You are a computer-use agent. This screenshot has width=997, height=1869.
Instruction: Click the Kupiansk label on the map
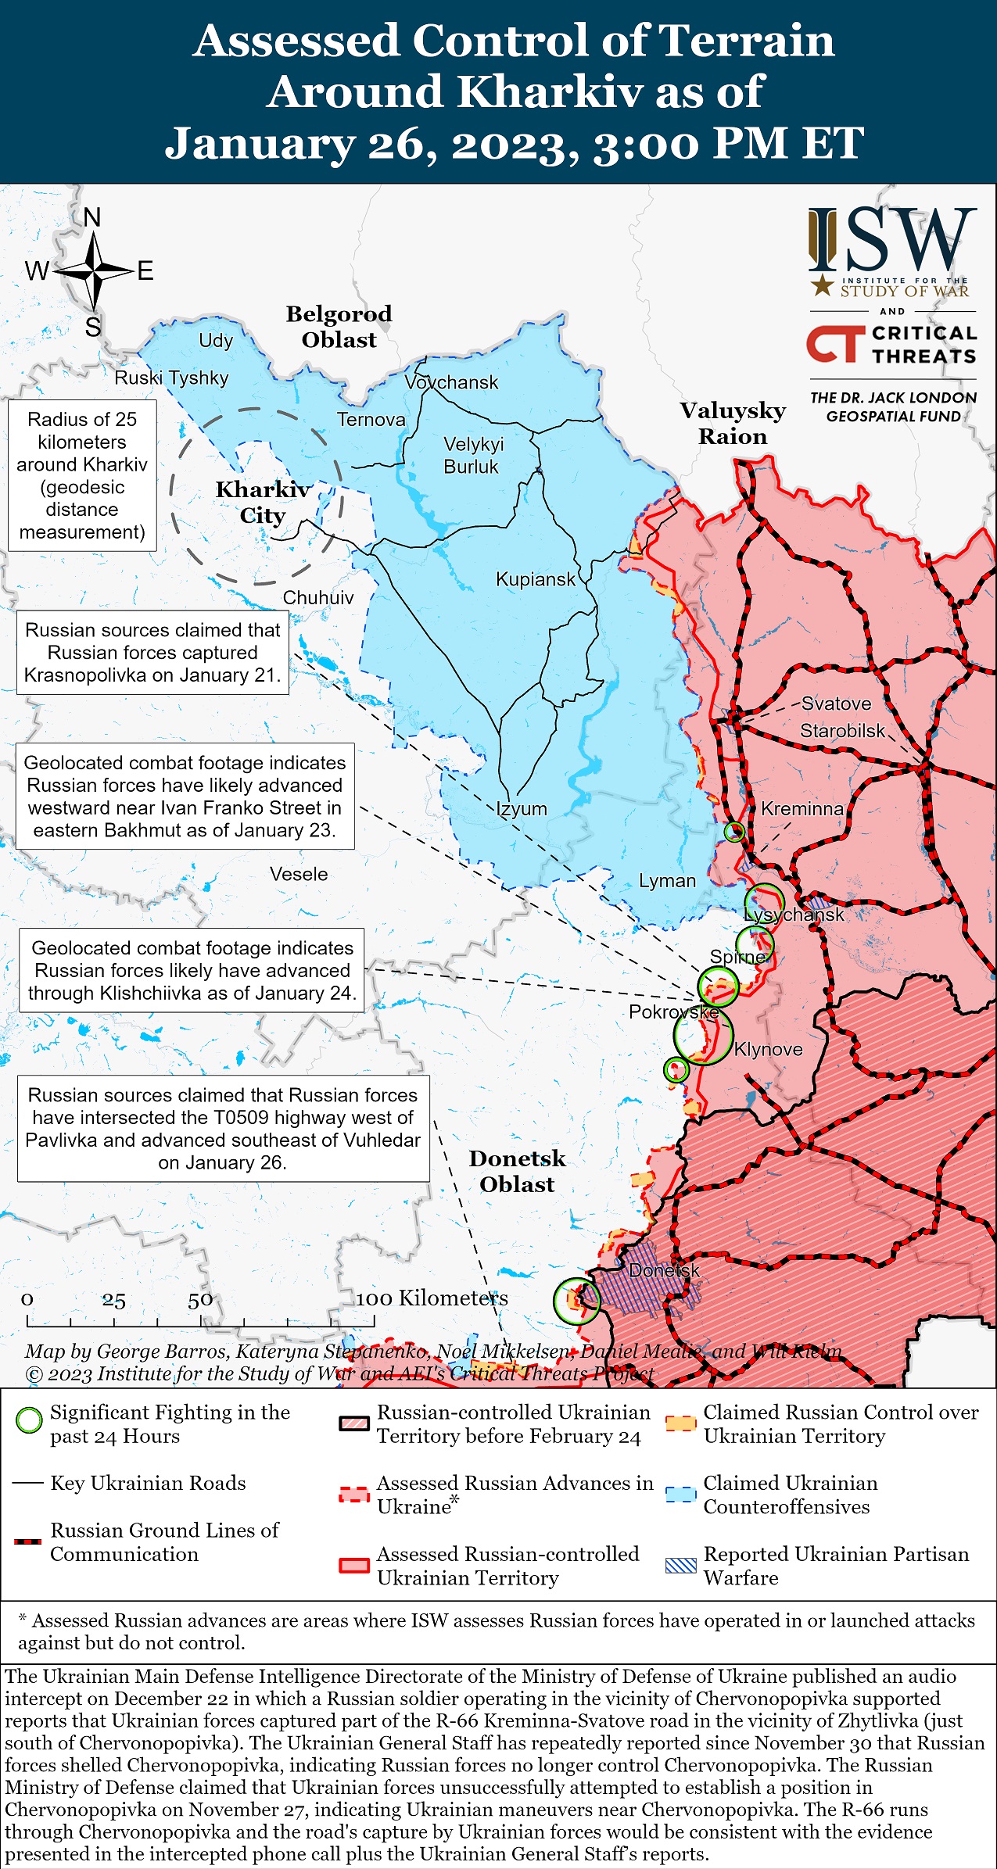[x=536, y=579]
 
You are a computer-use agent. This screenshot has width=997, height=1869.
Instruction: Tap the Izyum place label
[x=522, y=808]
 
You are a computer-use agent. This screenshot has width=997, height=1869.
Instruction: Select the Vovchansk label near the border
[x=451, y=382]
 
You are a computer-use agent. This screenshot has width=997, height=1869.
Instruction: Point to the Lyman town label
[x=667, y=880]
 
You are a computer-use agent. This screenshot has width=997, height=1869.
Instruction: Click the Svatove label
[x=836, y=703]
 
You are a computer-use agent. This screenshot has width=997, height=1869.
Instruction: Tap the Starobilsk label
[x=842, y=730]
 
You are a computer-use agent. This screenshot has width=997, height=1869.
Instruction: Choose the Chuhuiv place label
[x=317, y=597]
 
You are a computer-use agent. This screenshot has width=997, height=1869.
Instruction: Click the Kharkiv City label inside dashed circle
[x=263, y=502]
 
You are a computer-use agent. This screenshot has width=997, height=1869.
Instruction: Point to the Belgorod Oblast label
[x=339, y=327]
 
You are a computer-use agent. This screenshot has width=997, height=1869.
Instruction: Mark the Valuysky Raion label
[x=732, y=423]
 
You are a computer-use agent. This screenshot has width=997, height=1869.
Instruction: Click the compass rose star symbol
[x=93, y=271]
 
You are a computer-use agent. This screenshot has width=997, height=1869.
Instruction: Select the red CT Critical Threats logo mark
[x=834, y=345]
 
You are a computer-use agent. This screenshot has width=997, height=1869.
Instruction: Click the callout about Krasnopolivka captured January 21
[x=152, y=653]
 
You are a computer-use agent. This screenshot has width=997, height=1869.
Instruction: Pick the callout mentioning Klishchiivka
[x=192, y=970]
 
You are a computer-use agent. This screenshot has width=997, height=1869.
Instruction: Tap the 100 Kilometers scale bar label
[x=432, y=1298]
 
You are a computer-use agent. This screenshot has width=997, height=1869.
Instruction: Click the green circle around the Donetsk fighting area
[x=576, y=1301]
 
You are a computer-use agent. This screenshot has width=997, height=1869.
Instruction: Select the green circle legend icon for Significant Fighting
[x=29, y=1420]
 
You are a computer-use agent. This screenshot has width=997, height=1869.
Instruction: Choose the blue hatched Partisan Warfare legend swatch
[x=680, y=1566]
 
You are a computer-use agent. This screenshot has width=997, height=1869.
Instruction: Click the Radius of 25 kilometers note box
[x=82, y=475]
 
